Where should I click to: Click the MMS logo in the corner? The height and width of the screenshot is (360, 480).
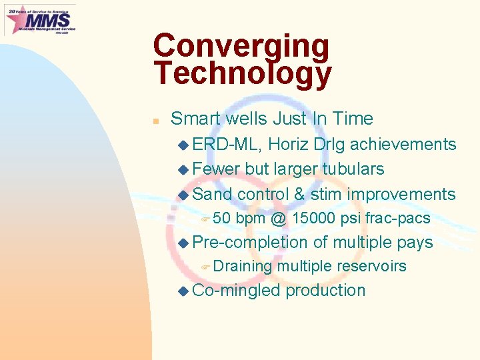click(40, 20)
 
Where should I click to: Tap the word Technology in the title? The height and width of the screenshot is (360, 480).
click(242, 74)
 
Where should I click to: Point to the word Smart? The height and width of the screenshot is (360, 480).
click(196, 119)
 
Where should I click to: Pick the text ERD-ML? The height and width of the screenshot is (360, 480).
click(227, 145)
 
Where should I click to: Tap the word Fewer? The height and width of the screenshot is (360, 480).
click(216, 169)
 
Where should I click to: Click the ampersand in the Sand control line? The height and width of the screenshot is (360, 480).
click(299, 195)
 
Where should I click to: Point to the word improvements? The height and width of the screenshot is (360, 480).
click(401, 195)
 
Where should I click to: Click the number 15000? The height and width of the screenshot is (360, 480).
click(313, 219)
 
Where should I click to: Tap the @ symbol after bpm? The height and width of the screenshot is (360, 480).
click(279, 219)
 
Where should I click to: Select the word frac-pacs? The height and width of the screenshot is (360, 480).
click(397, 219)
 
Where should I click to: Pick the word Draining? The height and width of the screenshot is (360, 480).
click(243, 267)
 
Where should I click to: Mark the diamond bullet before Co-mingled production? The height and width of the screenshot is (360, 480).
click(184, 291)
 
